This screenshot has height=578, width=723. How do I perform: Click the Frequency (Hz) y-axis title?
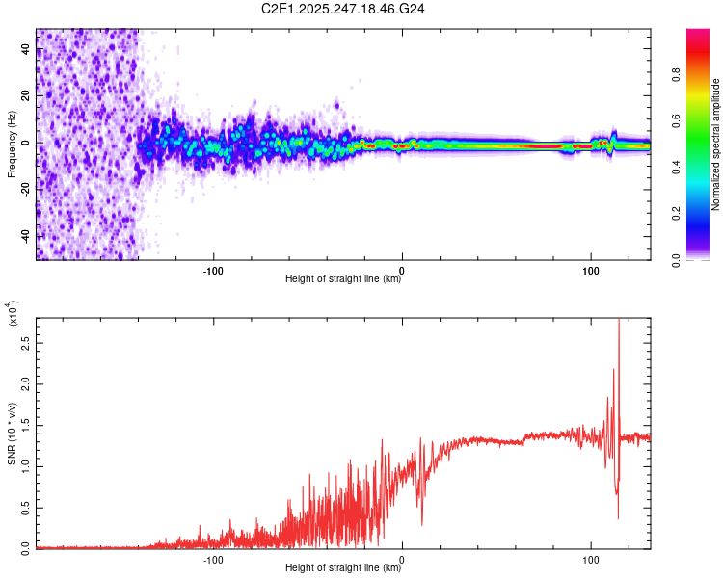tap(12, 144)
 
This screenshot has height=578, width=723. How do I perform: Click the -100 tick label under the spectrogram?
tap(214, 270)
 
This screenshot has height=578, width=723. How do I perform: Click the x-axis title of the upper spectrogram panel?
tap(343, 279)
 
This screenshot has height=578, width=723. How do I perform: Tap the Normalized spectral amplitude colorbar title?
tap(716, 144)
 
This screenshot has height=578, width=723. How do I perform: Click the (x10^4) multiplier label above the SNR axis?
tap(12, 313)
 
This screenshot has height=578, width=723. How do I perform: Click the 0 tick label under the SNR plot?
tap(402, 558)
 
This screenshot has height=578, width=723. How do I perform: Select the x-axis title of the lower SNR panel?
tap(343, 567)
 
